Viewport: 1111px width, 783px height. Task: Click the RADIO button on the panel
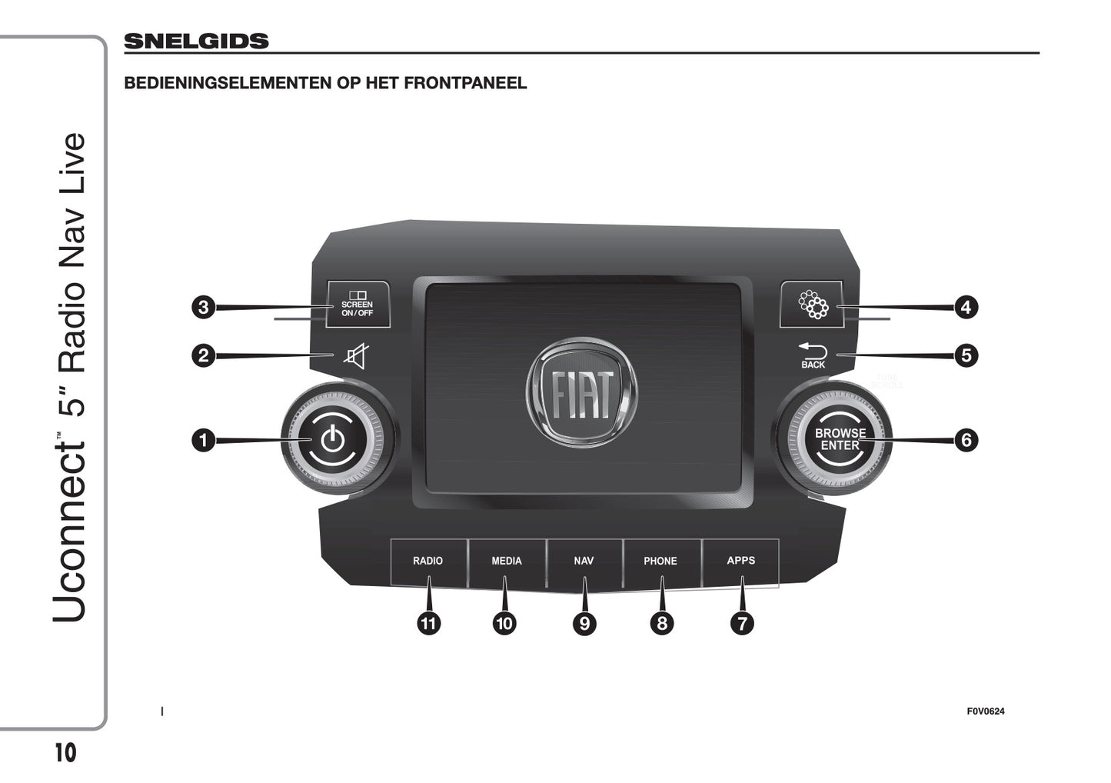(428, 561)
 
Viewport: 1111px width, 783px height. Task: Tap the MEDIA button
(507, 561)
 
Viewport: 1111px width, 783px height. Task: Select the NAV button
(584, 561)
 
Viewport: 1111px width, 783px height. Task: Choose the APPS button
(741, 561)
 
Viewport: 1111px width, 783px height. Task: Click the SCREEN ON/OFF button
(358, 305)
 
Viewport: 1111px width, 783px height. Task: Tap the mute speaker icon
(355, 357)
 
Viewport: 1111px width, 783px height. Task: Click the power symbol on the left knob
(332, 440)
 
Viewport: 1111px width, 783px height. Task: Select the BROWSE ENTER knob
(839, 440)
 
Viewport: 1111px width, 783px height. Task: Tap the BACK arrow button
(813, 356)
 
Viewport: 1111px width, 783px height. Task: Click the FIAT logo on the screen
(582, 393)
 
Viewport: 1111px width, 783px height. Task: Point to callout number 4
(966, 308)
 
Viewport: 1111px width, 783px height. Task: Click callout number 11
(428, 623)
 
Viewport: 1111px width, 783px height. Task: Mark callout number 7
(742, 623)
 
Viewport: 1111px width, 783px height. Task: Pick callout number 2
(203, 355)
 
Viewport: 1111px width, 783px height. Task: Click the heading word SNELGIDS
(196, 42)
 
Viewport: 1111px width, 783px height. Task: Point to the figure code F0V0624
(985, 711)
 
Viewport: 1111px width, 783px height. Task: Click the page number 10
(66, 753)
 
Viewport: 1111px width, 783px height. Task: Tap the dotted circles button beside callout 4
(813, 305)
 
